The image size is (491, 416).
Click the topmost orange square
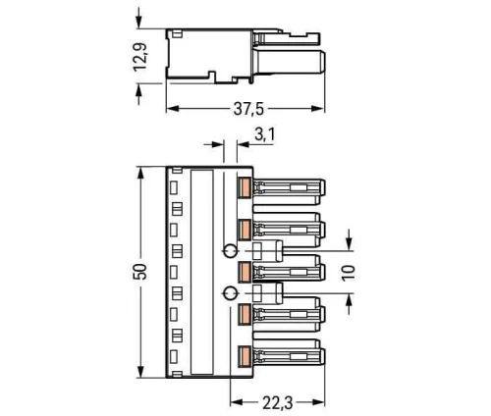coord(246,186)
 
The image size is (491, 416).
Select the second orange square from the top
coord(246,227)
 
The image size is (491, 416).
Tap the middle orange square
coord(246,268)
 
